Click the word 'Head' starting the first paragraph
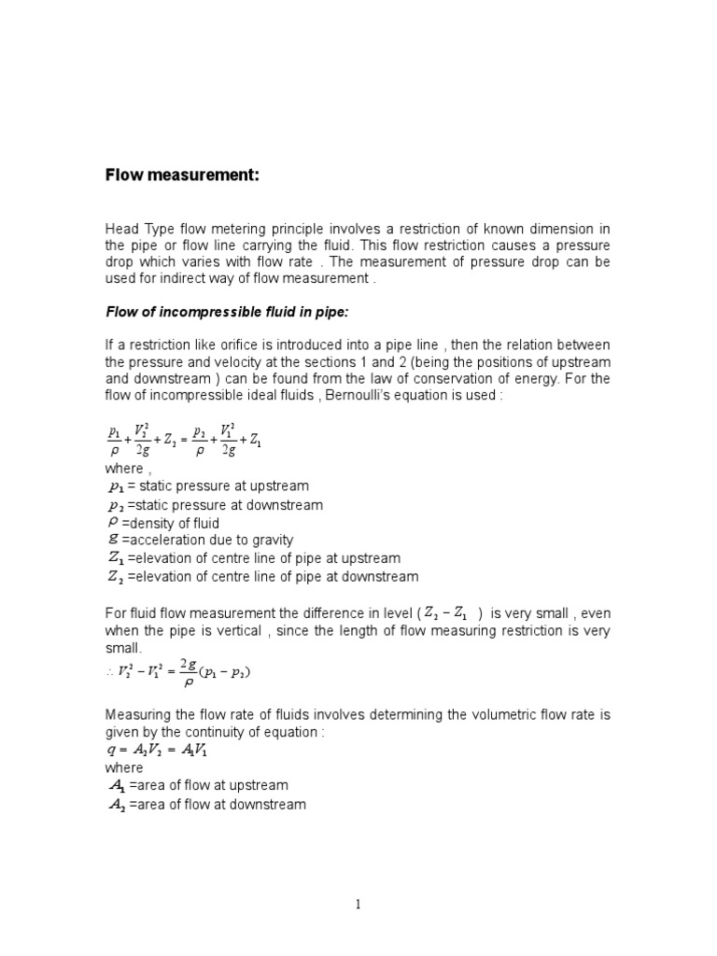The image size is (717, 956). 120,230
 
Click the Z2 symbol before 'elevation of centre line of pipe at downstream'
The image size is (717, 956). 116,576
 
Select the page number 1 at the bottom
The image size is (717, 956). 358,906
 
